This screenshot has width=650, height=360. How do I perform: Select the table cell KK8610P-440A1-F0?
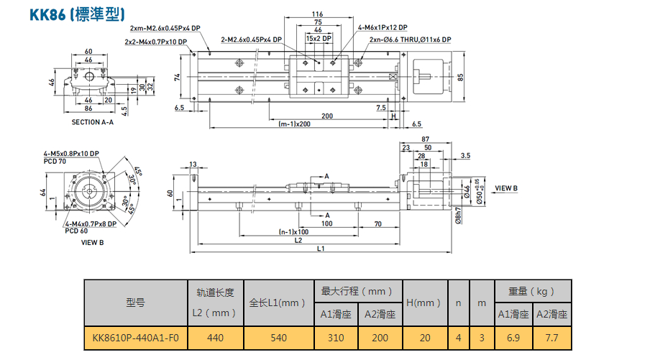tap(136, 338)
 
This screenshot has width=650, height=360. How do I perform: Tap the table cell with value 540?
tap(278, 338)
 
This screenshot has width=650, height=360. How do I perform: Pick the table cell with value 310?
tap(336, 338)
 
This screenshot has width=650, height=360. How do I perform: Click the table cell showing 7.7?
tap(551, 338)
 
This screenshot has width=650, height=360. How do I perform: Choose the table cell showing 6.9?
tap(513, 338)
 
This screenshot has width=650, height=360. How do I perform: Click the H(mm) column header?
tap(425, 303)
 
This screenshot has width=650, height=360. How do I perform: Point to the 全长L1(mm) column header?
tap(278, 303)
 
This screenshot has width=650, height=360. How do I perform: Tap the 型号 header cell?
tap(136, 303)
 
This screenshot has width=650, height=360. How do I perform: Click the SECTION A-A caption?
tap(93, 122)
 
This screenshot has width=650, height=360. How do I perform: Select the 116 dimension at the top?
tap(318, 14)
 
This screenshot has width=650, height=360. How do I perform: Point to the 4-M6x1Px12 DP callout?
tap(383, 27)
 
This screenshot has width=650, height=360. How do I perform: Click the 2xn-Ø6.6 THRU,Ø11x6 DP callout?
tap(410, 40)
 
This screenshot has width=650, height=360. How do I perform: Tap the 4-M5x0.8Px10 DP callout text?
tap(71, 154)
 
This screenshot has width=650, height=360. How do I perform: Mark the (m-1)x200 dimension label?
tap(294, 124)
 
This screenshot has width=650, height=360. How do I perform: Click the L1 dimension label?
tap(321, 249)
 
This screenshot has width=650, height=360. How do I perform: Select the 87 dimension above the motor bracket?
tap(425, 139)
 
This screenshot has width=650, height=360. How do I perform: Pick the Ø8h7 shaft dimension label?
tap(458, 216)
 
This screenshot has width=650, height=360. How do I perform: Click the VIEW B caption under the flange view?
tap(93, 243)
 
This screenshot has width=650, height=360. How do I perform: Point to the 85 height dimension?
tap(461, 77)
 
